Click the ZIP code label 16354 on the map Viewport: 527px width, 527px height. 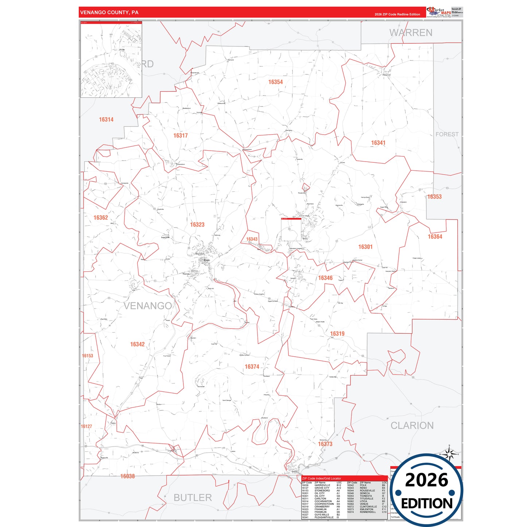[275, 82]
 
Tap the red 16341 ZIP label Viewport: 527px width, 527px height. [378, 143]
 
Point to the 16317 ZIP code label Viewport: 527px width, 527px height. [181, 136]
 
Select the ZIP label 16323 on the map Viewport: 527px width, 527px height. [197, 225]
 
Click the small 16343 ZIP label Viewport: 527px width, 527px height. [252, 239]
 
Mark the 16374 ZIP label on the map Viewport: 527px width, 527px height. [252, 367]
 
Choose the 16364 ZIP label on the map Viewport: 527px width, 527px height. [435, 237]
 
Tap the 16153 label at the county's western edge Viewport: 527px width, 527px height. [88, 356]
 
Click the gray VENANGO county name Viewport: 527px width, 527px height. [148, 306]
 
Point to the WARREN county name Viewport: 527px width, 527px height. [411, 33]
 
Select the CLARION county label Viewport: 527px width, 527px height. [412, 426]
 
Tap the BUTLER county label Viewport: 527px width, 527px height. [193, 498]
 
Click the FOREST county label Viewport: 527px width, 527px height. [447, 134]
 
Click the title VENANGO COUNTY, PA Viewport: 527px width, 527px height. [109, 12]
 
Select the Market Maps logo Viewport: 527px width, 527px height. [439, 12]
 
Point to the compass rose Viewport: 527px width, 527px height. [449, 454]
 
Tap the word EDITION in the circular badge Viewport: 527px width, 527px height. [427, 504]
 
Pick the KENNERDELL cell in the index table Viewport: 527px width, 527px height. [368, 512]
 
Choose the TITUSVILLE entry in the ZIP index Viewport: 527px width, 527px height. [366, 499]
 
